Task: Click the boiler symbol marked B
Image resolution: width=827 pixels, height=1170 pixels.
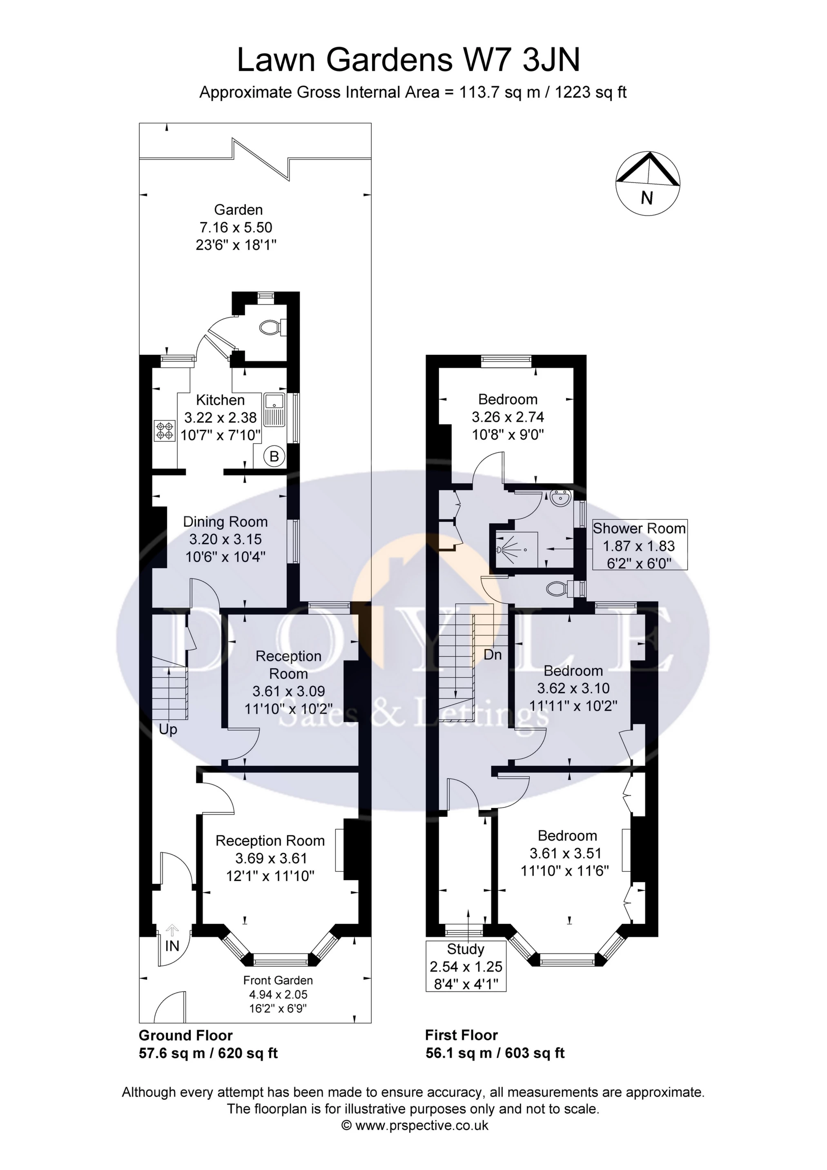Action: (274, 456)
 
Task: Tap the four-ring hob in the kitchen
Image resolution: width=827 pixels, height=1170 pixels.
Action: (165, 430)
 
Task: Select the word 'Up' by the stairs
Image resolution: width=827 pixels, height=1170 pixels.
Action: (168, 730)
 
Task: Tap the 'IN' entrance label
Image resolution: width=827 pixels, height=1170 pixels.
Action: (172, 946)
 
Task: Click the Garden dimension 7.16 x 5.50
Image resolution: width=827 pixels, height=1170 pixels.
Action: (236, 227)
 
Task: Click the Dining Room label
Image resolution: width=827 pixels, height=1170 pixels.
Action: (225, 522)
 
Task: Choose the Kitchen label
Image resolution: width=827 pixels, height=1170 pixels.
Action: (220, 400)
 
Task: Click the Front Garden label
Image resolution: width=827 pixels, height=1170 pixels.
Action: (278, 981)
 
